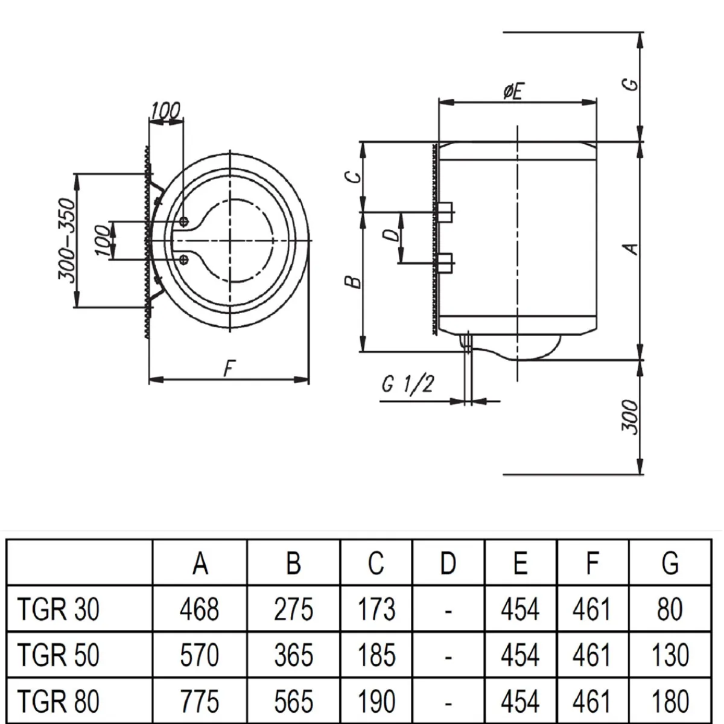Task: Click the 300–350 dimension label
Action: [68, 240]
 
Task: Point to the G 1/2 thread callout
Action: [408, 384]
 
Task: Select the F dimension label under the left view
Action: [229, 367]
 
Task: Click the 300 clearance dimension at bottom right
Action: [629, 416]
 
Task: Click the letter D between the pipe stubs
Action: [392, 234]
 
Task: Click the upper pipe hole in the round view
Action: [184, 221]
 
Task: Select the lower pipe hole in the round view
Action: [184, 259]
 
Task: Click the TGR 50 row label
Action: [59, 655]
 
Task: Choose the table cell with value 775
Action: [200, 701]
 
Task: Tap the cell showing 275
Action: [293, 609]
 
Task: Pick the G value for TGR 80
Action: [670, 701]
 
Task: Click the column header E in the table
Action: [520, 563]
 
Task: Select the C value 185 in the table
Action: [376, 655]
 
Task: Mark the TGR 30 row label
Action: [59, 609]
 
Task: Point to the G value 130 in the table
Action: [670, 655]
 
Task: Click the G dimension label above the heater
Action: [630, 83]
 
